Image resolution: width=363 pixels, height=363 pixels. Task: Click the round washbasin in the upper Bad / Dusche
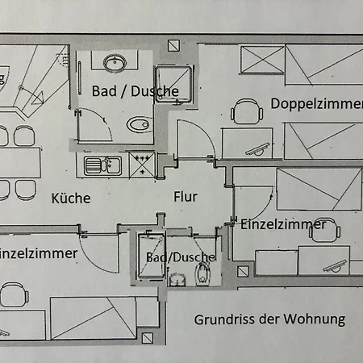pyautogui.click(x=111, y=62)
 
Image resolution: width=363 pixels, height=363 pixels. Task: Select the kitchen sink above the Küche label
pyautogui.click(x=102, y=166)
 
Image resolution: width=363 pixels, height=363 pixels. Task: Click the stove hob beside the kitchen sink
pyautogui.click(x=141, y=165)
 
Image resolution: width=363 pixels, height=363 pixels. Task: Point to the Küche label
pyautogui.click(x=71, y=198)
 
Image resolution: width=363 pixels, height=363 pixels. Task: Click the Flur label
pyautogui.click(x=185, y=195)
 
